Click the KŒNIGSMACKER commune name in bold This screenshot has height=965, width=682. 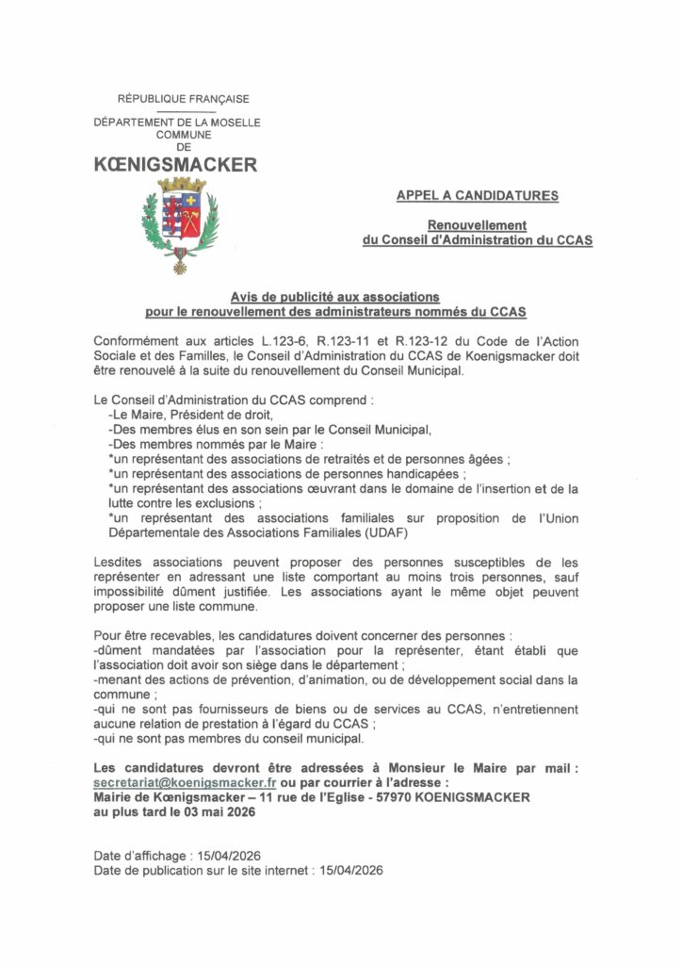pyautogui.click(x=176, y=165)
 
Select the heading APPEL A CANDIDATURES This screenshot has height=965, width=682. pyautogui.click(x=477, y=196)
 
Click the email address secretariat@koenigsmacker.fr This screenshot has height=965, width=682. pyautogui.click(x=185, y=782)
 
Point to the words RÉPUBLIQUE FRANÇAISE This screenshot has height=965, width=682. pyautogui.click(x=183, y=99)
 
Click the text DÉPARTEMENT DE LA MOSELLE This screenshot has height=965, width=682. pyautogui.click(x=177, y=123)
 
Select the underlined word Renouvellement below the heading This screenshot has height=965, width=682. pyautogui.click(x=477, y=225)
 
